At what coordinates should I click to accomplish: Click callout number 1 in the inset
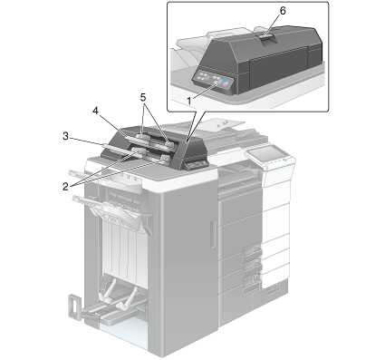189,101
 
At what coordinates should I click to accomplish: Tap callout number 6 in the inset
283,11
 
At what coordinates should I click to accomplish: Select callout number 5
143,97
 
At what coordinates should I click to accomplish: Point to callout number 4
95,111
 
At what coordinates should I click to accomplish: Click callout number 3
65,136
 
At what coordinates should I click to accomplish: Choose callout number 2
65,187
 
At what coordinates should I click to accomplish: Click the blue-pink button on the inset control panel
226,83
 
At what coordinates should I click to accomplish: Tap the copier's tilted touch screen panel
265,152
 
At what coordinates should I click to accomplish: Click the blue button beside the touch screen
285,160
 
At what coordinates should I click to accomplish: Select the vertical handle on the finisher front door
213,234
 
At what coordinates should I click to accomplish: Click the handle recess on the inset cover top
268,40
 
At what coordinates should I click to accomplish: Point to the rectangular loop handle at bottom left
74,306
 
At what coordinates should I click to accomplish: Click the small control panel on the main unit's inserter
197,164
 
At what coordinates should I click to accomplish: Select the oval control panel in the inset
214,81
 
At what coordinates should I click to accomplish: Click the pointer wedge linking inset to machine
194,126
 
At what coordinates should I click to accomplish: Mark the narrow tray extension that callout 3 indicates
119,149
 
